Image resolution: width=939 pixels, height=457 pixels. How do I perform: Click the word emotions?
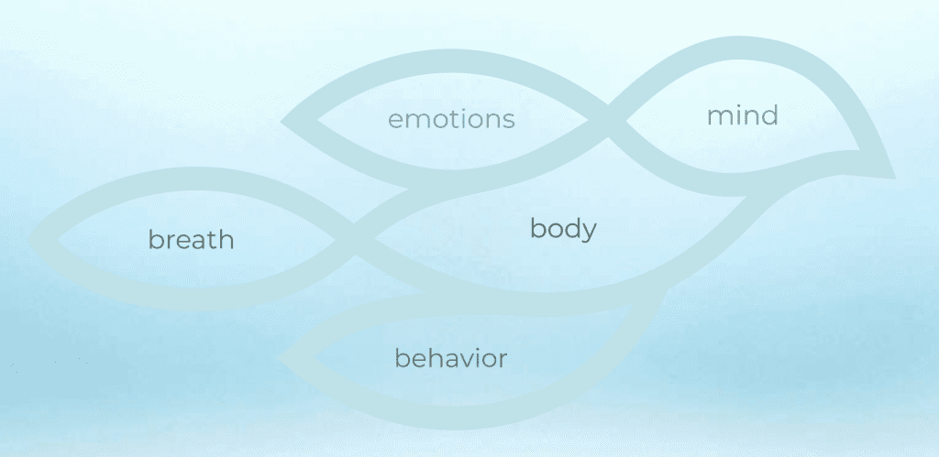tap(451, 119)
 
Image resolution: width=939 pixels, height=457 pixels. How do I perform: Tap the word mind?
tap(743, 114)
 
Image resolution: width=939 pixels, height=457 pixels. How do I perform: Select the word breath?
tap(191, 239)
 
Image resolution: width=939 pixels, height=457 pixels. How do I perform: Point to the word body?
tap(564, 229)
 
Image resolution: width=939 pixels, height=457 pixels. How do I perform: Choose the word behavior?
tap(451, 358)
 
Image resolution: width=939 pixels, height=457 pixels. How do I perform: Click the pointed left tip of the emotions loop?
tap(282, 122)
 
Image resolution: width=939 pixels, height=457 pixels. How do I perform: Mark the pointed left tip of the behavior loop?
tap(279, 358)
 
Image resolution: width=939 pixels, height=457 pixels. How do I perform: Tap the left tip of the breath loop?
tap(30, 239)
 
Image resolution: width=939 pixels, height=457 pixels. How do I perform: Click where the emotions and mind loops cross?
tap(607, 122)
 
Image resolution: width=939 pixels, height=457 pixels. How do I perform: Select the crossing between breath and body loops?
tap(355, 240)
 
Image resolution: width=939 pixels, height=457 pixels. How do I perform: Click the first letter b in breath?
tap(155, 239)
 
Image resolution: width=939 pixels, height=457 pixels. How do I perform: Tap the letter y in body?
tap(590, 233)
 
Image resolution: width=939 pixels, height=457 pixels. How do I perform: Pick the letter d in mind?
tap(770, 114)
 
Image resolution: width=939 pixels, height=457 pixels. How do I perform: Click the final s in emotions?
tap(510, 122)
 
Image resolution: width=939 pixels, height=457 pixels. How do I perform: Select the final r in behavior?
tap(503, 361)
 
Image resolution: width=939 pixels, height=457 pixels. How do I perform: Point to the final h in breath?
tap(226, 239)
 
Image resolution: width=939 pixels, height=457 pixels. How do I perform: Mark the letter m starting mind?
tap(718, 118)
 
